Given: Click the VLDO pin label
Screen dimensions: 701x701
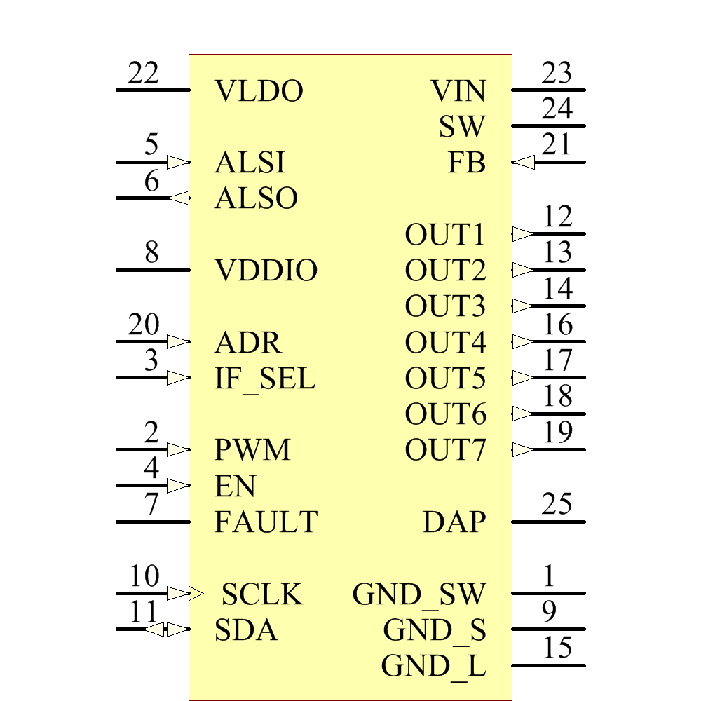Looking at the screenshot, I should [x=259, y=91].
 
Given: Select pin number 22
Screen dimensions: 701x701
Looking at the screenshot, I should [x=144, y=74].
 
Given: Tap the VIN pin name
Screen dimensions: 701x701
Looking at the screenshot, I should [x=458, y=91].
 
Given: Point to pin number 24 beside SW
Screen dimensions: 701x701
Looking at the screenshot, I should [x=557, y=109].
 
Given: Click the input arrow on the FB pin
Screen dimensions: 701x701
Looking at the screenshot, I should [x=523, y=163].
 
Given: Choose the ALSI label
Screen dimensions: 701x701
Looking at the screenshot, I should [x=250, y=163].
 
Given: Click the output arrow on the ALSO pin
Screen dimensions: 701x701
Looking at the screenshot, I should [x=179, y=198].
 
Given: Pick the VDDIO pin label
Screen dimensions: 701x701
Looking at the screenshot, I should [x=266, y=271].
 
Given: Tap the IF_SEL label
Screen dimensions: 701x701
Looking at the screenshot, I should [x=265, y=379].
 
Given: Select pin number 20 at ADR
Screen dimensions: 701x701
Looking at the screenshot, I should [x=144, y=325].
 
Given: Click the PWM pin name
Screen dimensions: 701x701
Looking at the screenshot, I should [x=252, y=450].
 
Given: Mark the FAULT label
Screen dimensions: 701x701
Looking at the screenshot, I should [x=266, y=522].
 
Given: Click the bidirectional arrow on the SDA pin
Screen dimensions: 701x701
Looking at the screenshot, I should [x=166, y=629].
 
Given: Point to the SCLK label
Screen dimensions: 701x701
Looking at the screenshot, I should [x=262, y=595].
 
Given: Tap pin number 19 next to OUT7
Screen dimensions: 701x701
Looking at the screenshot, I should [x=557, y=433].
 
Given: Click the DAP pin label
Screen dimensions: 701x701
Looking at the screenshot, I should [x=454, y=522].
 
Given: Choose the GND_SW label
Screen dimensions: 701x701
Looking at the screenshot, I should [x=418, y=594].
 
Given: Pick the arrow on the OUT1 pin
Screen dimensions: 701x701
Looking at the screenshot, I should [x=523, y=234].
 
